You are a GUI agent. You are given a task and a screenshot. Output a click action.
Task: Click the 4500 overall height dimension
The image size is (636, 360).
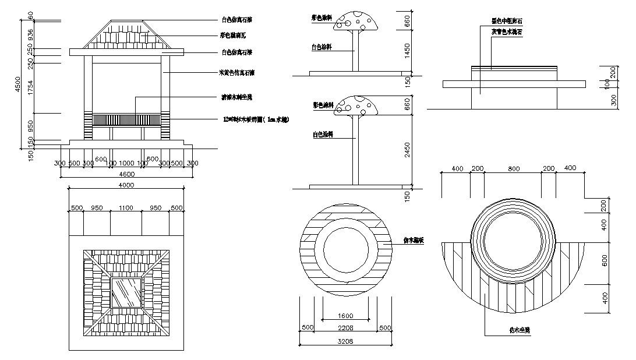[x=17, y=84]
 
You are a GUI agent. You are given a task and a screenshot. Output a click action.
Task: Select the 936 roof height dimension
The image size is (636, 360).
[x=31, y=34]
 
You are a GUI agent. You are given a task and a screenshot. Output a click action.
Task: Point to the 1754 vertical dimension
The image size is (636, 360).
[x=31, y=87]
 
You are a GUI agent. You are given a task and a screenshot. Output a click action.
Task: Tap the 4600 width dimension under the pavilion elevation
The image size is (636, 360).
[x=127, y=174]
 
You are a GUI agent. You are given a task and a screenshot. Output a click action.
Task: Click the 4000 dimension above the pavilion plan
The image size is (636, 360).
[x=126, y=185]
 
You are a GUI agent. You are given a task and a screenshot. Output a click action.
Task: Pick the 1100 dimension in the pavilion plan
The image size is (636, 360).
[x=126, y=207]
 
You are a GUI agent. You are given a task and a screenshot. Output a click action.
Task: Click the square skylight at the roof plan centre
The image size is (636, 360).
[x=126, y=293]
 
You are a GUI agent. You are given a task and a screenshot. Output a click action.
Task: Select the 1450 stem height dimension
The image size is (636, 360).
[x=407, y=50]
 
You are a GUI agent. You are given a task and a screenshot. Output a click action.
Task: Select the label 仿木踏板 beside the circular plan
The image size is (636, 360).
[x=414, y=240]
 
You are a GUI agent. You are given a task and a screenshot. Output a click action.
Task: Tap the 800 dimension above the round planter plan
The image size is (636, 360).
[x=513, y=168]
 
